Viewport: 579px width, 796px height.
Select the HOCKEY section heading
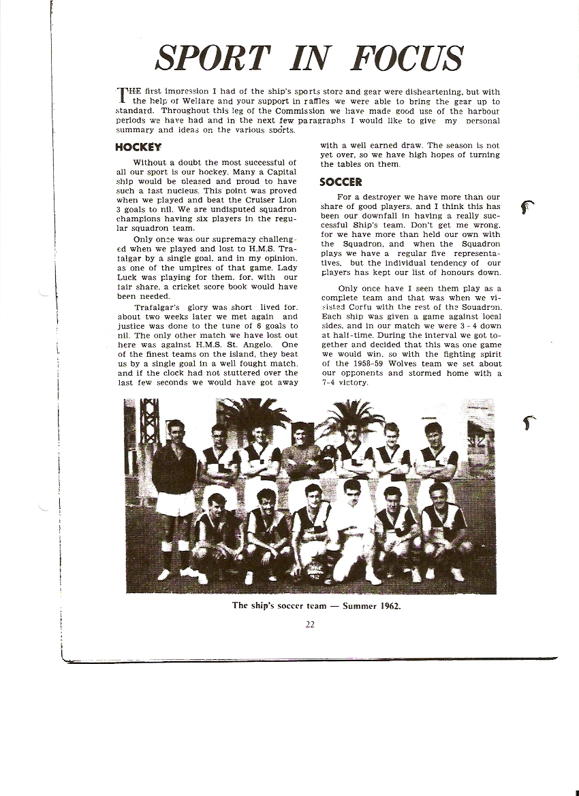pyautogui.click(x=138, y=147)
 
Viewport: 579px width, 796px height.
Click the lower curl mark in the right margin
pyautogui.click(x=529, y=421)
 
